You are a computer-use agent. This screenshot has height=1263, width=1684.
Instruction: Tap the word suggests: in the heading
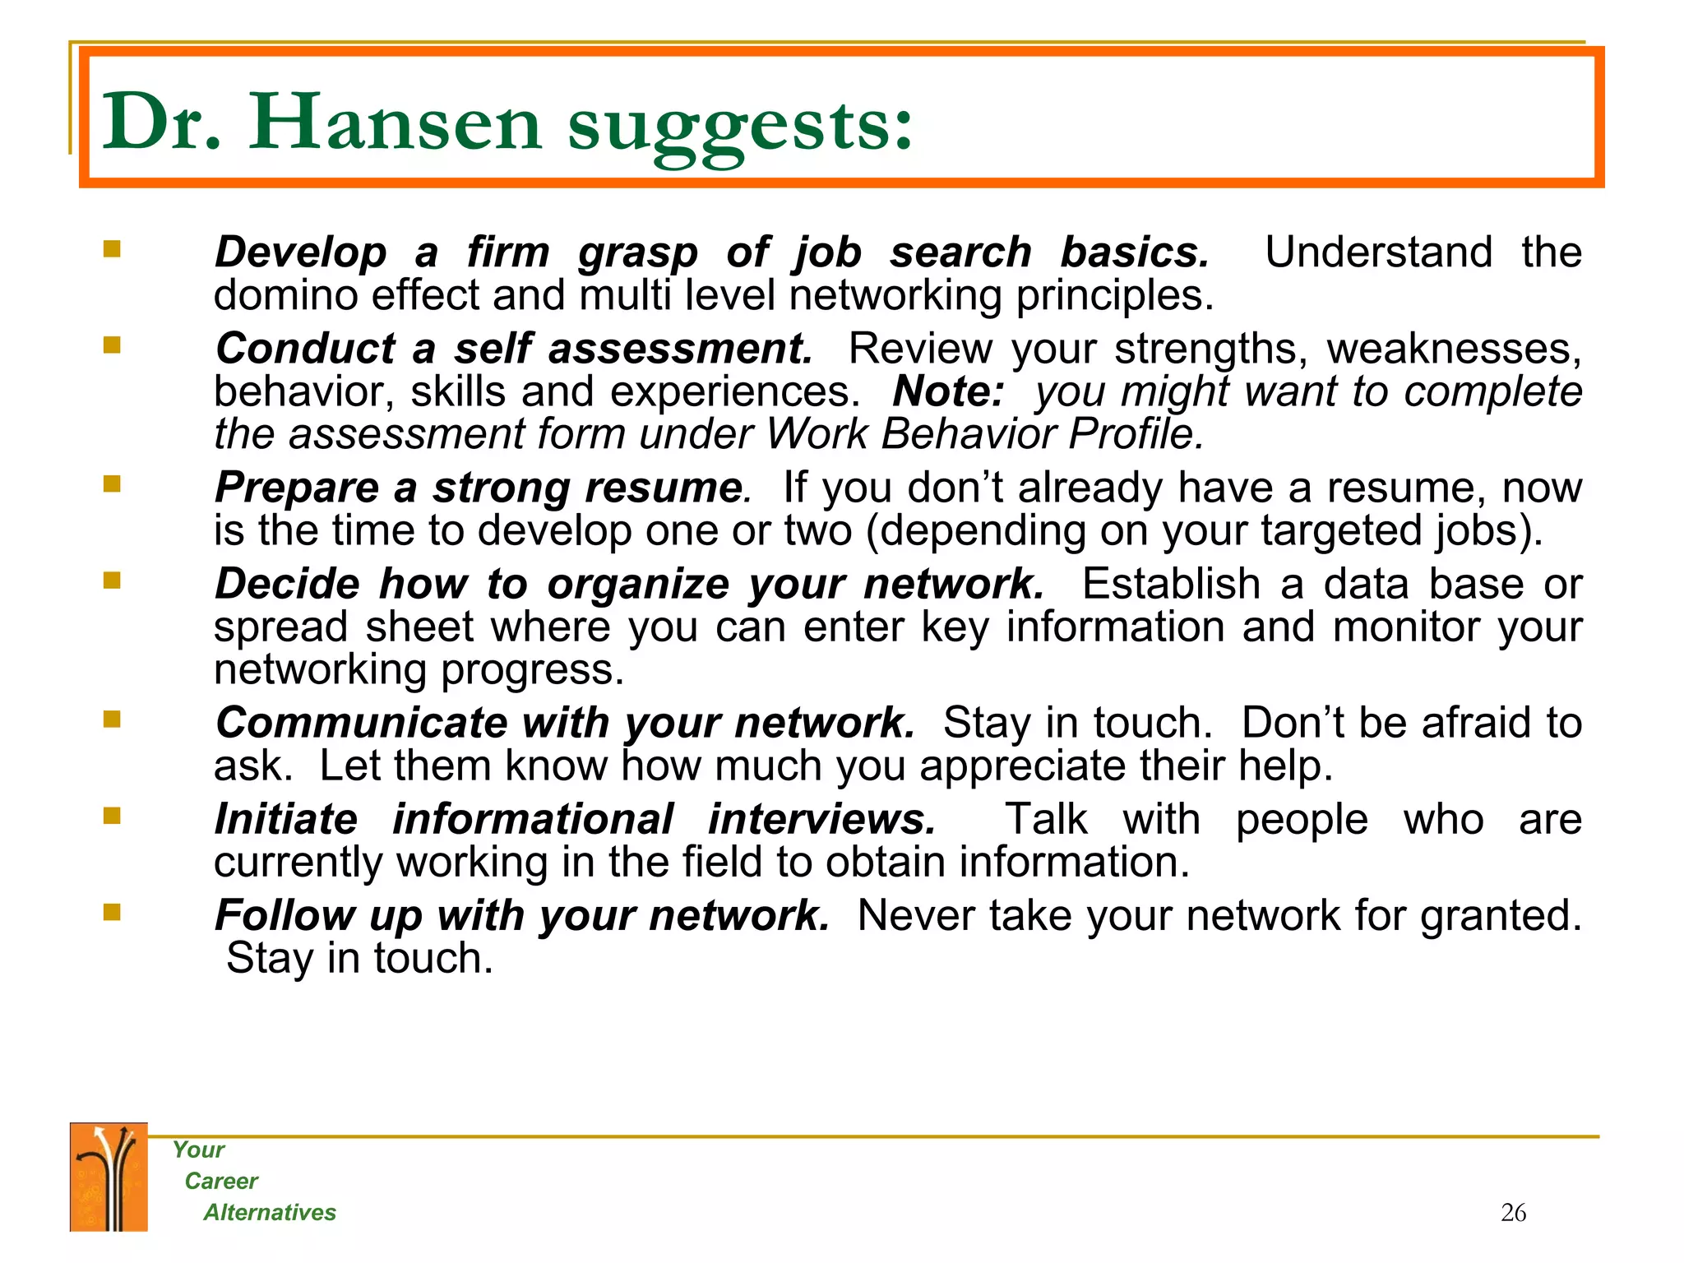(x=740, y=127)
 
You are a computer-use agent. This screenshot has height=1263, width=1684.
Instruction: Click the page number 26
(x=1513, y=1213)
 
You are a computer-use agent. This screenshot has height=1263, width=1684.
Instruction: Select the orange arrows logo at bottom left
(x=109, y=1177)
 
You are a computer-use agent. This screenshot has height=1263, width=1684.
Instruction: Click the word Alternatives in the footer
(x=270, y=1212)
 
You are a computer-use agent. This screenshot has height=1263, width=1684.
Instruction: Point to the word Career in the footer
(x=221, y=1181)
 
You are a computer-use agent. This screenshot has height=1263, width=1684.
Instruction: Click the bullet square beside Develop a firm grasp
(x=112, y=248)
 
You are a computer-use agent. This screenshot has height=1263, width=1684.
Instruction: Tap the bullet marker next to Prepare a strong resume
(x=112, y=483)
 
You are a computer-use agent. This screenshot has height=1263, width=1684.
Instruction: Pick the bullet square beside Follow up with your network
(x=112, y=912)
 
